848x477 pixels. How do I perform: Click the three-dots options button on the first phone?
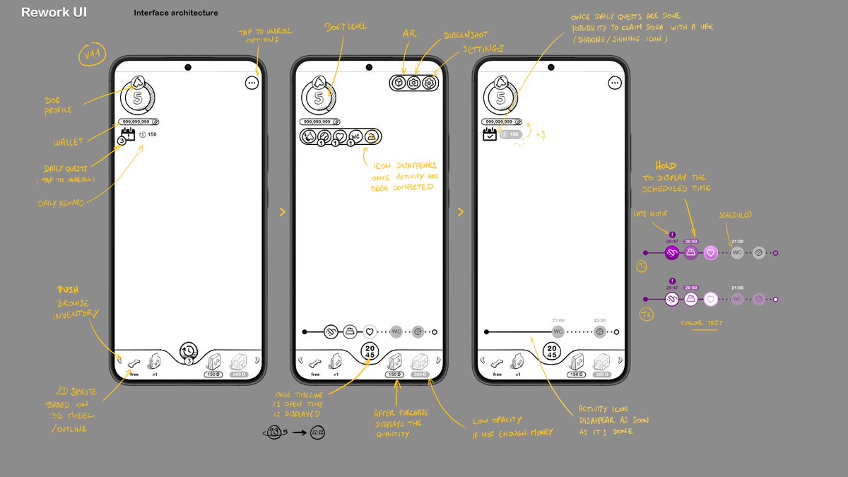point(252,83)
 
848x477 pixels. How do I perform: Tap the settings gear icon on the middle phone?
point(430,83)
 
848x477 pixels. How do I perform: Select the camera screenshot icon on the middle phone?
point(414,83)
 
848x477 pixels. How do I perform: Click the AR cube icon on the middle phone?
point(399,83)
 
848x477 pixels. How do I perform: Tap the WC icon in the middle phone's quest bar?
point(356,136)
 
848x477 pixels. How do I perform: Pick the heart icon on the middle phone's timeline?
point(369,331)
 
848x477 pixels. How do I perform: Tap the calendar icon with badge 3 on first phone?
point(127,134)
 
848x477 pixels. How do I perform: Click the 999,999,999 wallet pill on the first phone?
point(139,122)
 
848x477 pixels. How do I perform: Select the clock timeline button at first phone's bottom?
point(189,351)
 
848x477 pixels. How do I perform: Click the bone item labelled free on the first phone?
point(134,364)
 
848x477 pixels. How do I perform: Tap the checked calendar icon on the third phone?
point(490,134)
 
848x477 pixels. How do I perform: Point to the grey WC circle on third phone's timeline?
point(558,331)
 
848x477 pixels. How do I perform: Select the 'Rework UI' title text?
point(54,13)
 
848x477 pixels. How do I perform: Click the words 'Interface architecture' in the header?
point(175,13)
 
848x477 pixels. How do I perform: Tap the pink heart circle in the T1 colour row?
point(711,252)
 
